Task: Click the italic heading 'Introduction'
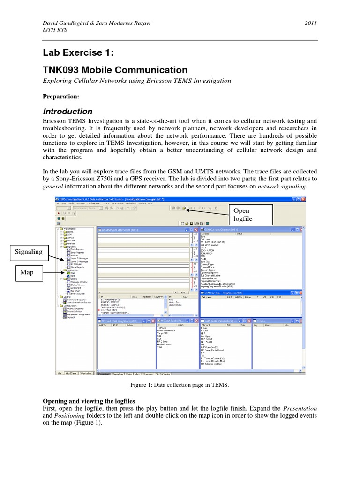click(68, 112)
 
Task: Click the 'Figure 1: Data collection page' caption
click(180, 384)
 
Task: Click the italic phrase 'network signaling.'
click(281, 186)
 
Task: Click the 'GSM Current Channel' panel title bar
click(244, 229)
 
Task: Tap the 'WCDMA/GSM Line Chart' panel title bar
click(141, 229)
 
